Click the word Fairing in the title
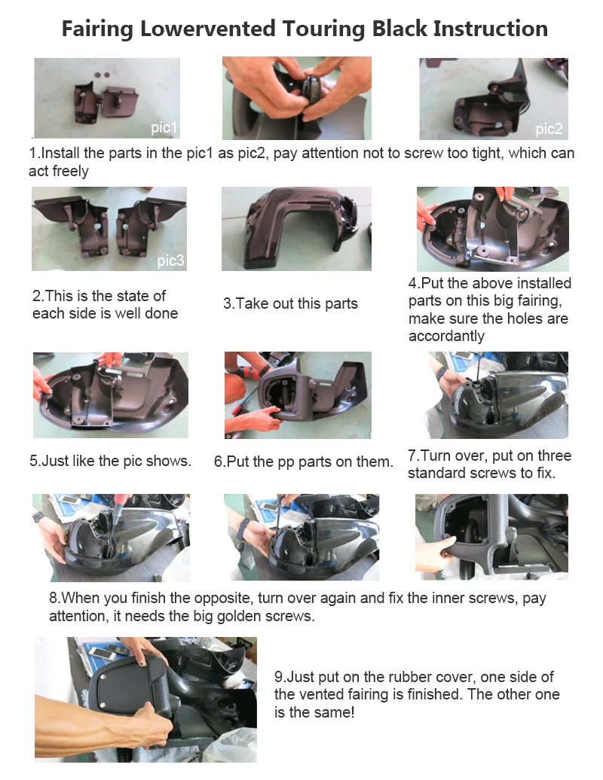(97, 29)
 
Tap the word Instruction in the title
(491, 29)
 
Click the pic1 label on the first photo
(164, 128)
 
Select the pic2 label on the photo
(549, 129)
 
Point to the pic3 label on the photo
(170, 261)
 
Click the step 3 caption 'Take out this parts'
(290, 303)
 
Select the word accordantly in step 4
(446, 336)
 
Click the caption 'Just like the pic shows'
(110, 461)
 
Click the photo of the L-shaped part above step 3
(296, 229)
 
